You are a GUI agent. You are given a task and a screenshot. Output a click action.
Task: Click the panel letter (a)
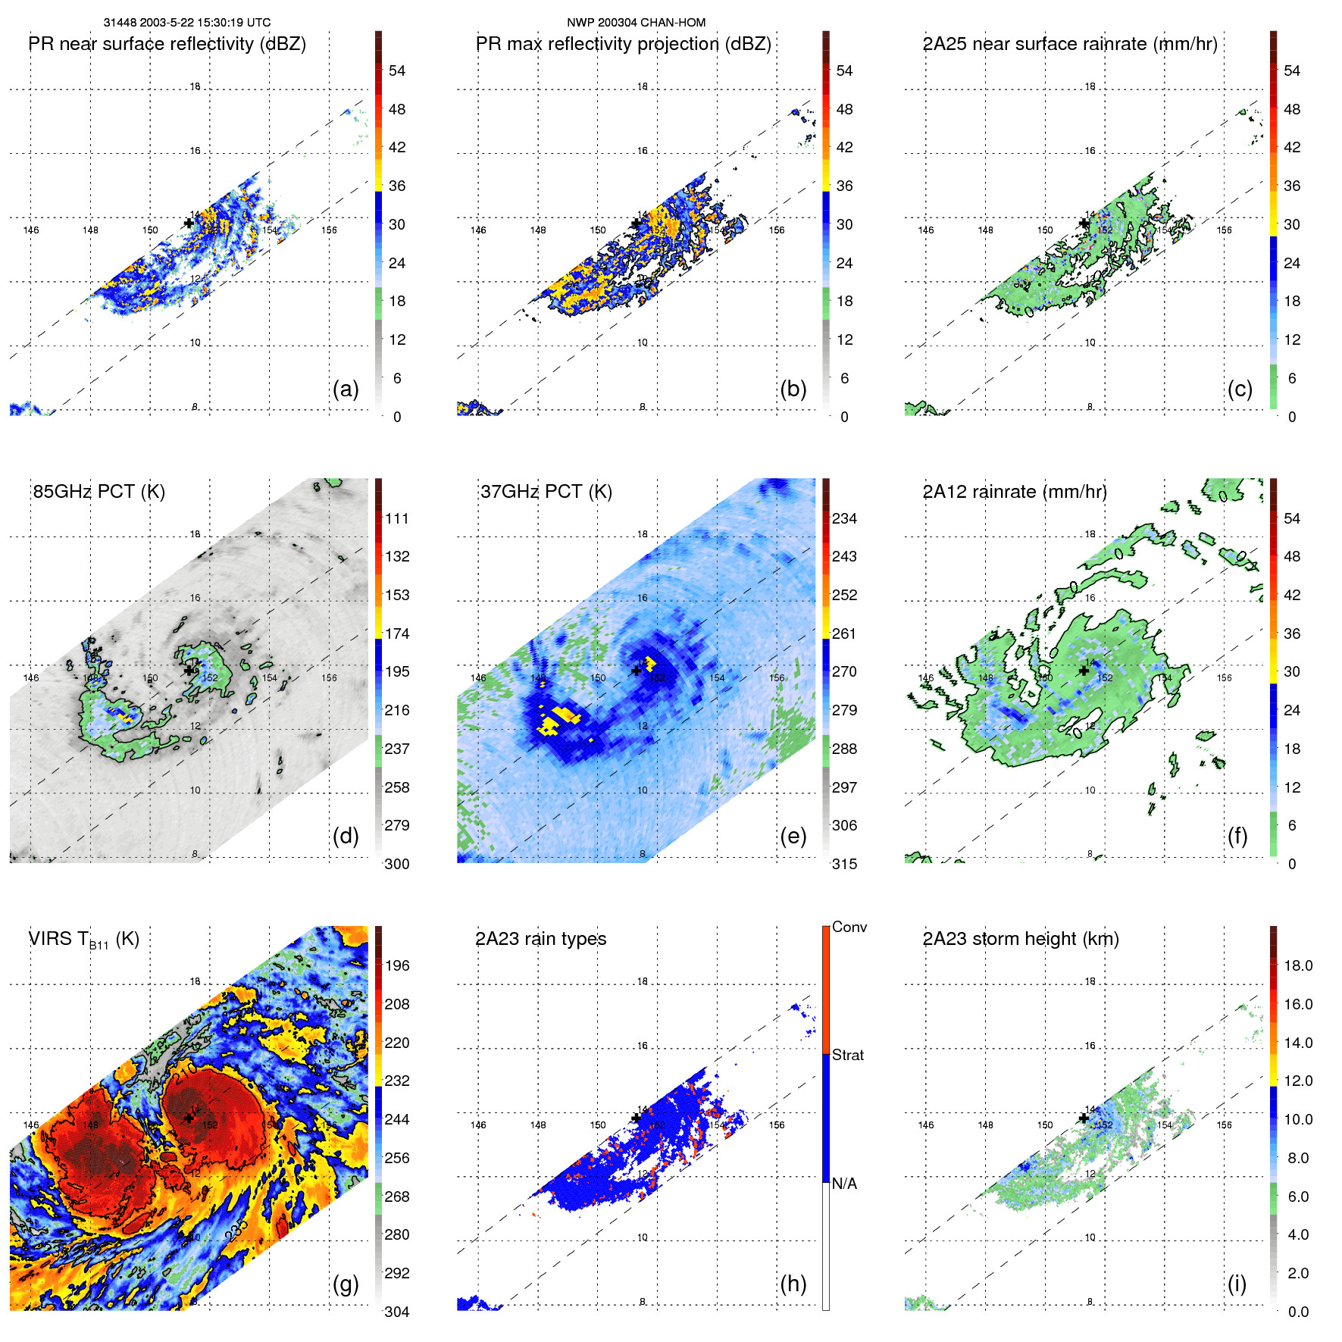346,389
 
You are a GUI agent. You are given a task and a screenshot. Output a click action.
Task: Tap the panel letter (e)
793,837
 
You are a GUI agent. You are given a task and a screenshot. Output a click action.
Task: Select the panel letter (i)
1237,1284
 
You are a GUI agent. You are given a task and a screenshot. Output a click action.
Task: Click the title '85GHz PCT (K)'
99,492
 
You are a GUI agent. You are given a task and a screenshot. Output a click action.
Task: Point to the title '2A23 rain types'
540,939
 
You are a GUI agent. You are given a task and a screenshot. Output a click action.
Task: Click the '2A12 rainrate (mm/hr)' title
1014,492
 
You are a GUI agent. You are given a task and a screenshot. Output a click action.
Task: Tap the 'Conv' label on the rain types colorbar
849,927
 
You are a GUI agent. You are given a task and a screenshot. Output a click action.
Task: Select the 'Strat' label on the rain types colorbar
847,1055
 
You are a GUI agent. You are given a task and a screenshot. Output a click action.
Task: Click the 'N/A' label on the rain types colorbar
844,1184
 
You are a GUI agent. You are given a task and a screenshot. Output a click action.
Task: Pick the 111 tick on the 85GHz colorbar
397,518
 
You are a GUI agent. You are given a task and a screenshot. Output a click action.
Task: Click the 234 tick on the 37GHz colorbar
844,518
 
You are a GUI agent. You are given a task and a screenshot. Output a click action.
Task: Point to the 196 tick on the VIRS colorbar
397,965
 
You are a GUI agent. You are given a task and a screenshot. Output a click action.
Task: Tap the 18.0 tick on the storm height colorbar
1297,965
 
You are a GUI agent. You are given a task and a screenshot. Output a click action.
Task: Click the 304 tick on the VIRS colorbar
397,1312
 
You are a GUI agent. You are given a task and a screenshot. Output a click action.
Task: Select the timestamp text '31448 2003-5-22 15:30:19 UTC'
186,23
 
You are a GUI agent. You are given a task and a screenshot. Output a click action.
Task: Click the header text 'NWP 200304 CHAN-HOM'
636,23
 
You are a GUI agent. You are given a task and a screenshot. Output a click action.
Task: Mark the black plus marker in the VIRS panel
189,1118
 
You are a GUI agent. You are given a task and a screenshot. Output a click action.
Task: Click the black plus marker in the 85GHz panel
189,671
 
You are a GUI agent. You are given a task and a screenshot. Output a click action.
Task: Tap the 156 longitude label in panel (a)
329,230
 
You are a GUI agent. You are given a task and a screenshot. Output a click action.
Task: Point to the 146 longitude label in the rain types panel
478,1125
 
